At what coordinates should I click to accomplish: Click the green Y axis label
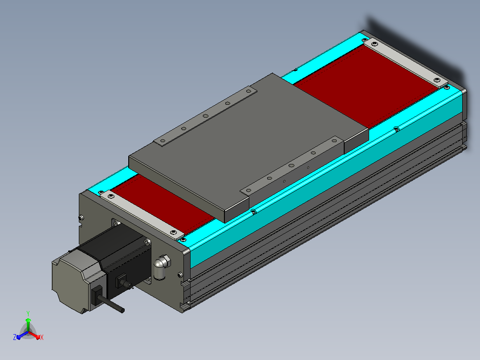[28, 313]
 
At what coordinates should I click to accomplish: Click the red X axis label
[42, 337]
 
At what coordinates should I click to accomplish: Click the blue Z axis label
[15, 337]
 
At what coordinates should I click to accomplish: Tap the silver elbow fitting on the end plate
[162, 266]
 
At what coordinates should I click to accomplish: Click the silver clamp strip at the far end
[406, 62]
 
